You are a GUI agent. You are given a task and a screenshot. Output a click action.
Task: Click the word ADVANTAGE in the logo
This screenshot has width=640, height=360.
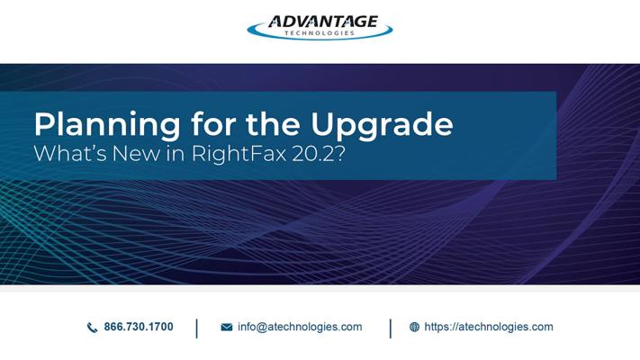point(322,22)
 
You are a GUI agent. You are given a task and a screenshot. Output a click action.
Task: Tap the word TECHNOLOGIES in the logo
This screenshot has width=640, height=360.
point(320,33)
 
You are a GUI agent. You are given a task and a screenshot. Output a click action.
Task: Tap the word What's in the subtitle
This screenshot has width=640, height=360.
point(70,153)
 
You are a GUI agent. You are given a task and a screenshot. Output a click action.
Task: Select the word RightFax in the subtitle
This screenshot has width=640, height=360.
point(239,154)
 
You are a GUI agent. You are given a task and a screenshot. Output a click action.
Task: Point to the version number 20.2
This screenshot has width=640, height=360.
point(313,153)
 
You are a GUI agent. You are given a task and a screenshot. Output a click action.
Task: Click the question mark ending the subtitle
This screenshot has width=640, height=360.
point(340,153)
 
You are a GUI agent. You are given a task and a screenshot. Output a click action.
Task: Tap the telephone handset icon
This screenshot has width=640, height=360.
point(92,328)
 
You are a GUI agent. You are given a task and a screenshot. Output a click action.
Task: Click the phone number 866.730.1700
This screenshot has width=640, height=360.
point(139,327)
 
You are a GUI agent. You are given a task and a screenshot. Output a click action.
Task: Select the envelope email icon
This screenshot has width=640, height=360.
point(227,328)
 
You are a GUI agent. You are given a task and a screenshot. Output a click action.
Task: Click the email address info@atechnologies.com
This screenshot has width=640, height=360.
point(300,327)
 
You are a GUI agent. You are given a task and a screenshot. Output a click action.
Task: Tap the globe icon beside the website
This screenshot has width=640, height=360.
point(414,327)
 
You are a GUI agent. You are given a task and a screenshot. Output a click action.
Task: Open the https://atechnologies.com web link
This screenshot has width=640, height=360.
point(489,327)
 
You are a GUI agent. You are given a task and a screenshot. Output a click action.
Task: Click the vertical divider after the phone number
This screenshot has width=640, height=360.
point(197,328)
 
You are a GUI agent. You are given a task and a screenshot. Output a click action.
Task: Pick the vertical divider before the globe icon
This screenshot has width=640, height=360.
point(390,328)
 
